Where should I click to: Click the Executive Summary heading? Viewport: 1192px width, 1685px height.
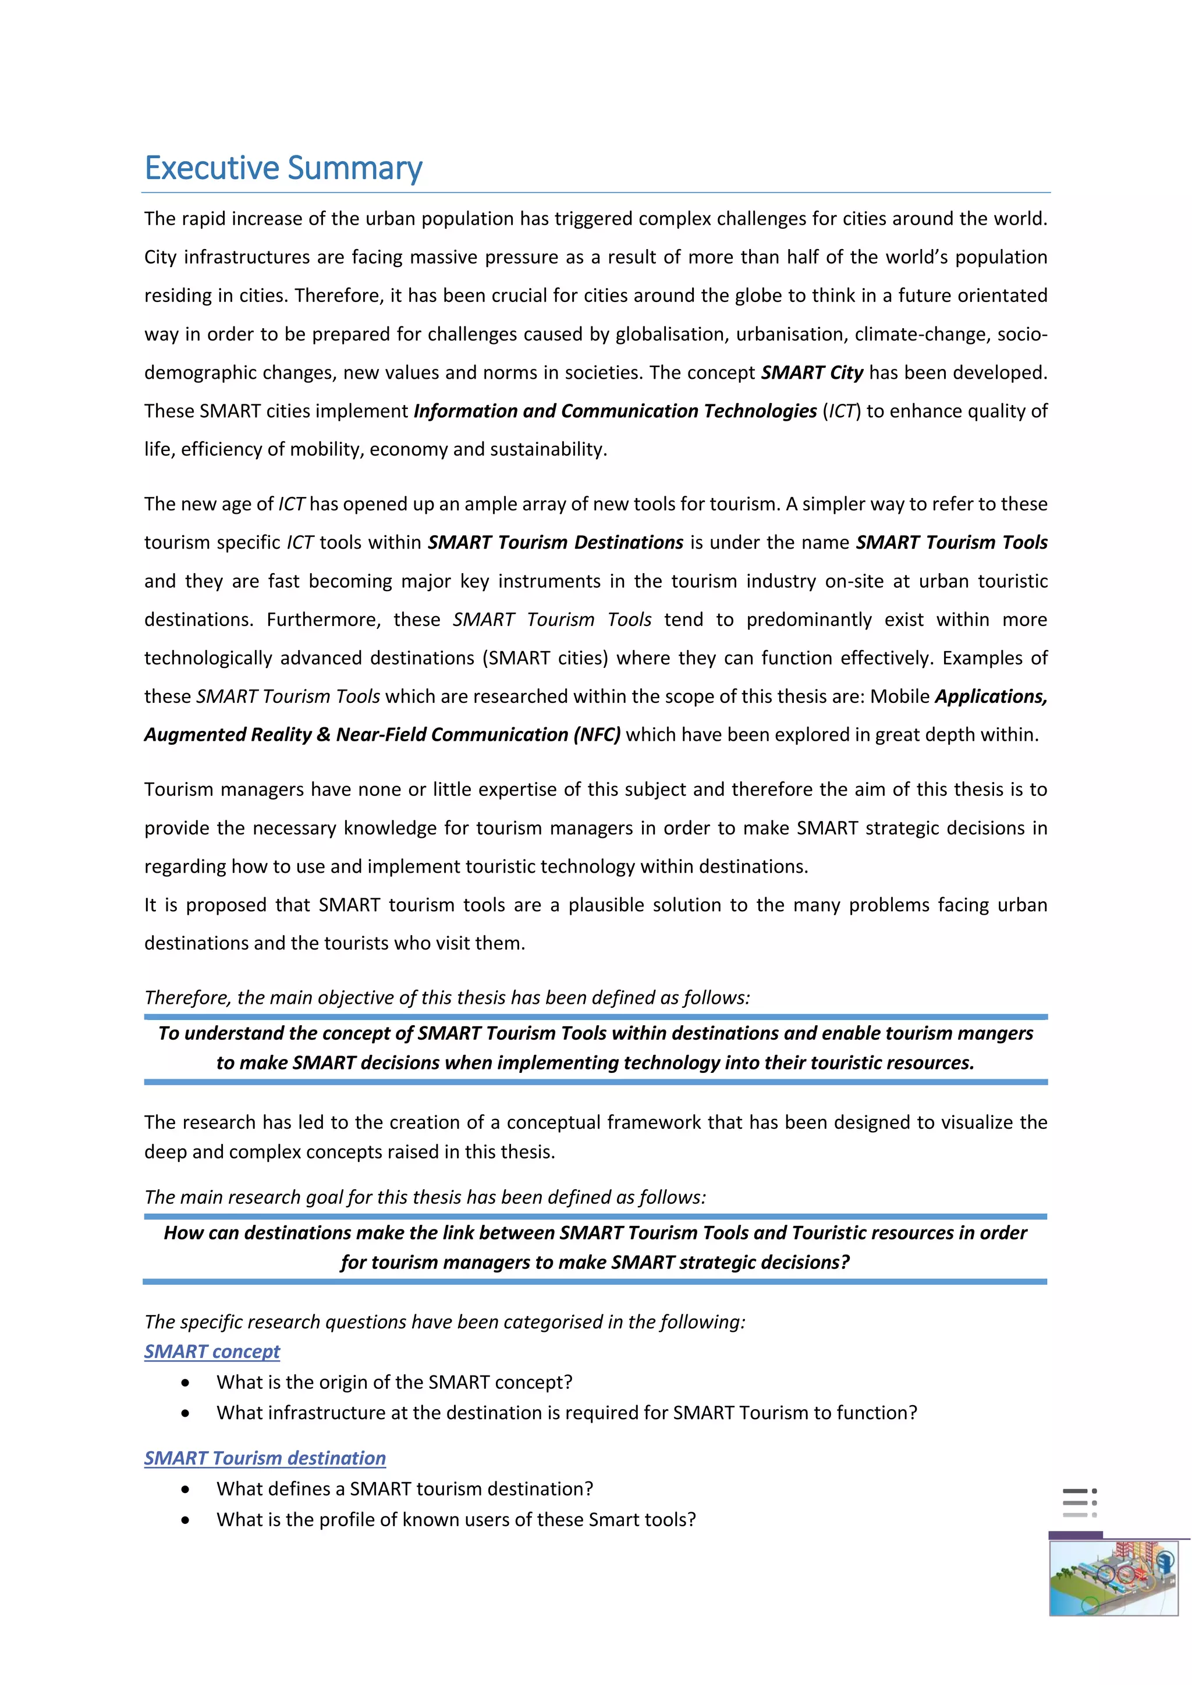pyautogui.click(x=283, y=168)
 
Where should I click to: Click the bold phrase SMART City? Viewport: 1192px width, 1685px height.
pyautogui.click(x=812, y=373)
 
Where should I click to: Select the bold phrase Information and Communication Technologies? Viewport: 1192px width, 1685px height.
pyautogui.click(x=615, y=411)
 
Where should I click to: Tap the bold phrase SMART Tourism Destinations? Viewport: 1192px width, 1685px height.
pyautogui.click(x=556, y=542)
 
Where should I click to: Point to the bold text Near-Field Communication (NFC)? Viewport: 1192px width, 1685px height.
pyautogui.click(x=478, y=735)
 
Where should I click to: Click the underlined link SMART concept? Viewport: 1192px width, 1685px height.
pyautogui.click(x=212, y=1351)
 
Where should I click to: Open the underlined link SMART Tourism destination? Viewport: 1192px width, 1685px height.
pyautogui.click(x=265, y=1458)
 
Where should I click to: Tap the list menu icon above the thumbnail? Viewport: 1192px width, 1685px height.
pyautogui.click(x=1079, y=1503)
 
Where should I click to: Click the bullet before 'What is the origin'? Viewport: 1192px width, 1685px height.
pyautogui.click(x=186, y=1382)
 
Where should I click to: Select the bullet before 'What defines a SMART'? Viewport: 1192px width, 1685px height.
pyautogui.click(x=186, y=1489)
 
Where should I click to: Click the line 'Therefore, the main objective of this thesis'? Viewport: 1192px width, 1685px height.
pyautogui.click(x=447, y=997)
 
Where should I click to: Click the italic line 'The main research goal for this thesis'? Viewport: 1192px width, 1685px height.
pyautogui.click(x=425, y=1197)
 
